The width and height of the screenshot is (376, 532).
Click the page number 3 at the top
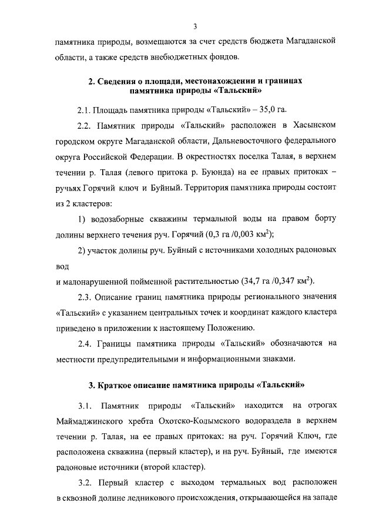(x=194, y=25)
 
